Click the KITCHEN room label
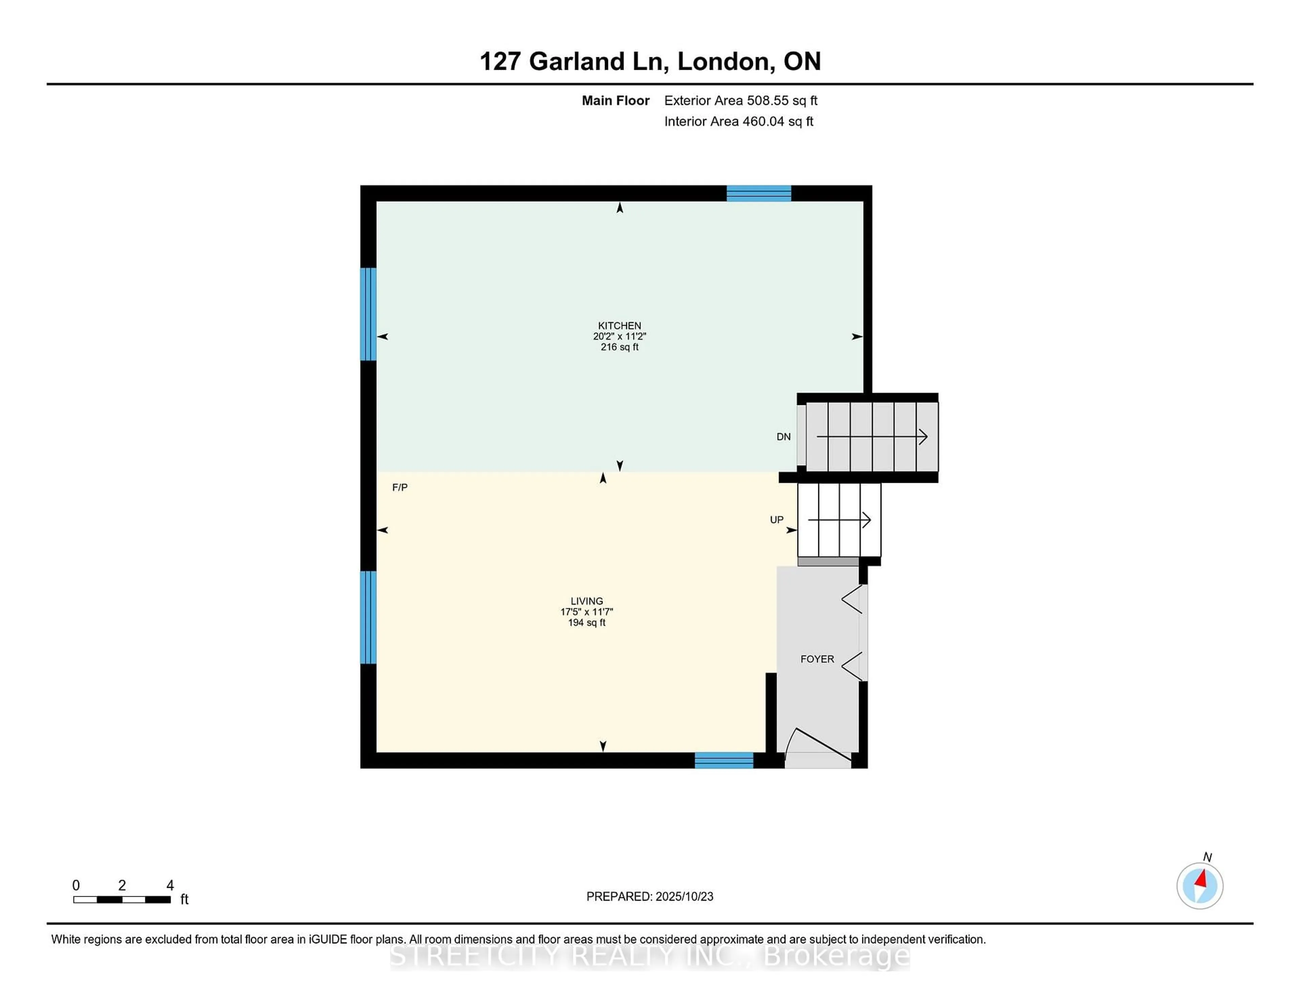[x=620, y=326]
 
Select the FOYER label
[x=817, y=659]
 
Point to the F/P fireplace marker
[x=400, y=488]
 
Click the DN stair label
[x=783, y=437]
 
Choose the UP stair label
[x=777, y=520]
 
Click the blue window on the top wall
[x=759, y=193]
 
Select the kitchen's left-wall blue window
[x=368, y=314]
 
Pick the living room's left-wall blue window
[x=368, y=617]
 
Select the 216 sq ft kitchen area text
[x=620, y=347]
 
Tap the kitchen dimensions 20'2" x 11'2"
[x=620, y=336]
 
